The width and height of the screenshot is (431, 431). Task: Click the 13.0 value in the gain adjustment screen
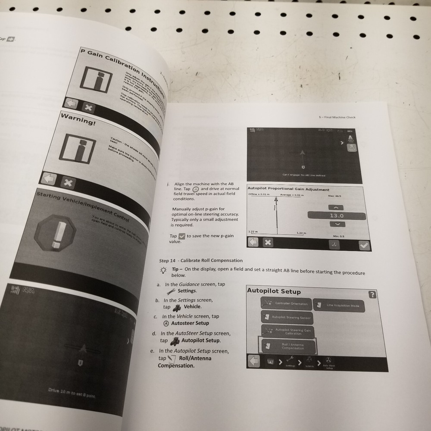337,215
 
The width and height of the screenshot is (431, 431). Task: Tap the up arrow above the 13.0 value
337,207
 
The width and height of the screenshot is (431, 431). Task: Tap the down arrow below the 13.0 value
337,224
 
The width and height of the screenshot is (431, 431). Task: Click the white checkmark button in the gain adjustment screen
365,245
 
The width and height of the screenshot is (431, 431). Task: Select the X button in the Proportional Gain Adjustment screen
268,242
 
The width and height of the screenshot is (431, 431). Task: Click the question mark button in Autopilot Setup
372,295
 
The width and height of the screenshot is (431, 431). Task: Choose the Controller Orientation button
286,304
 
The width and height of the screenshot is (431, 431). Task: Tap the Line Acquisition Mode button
339,306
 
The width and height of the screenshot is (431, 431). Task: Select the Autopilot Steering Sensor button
286,318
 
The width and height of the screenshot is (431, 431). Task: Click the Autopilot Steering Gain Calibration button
287,332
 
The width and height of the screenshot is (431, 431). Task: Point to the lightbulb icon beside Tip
163,270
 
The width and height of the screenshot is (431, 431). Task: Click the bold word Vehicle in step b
192,306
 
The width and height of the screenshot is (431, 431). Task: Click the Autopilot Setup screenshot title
274,291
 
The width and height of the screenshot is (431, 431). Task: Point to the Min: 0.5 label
339,236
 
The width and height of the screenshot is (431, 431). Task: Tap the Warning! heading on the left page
78,119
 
